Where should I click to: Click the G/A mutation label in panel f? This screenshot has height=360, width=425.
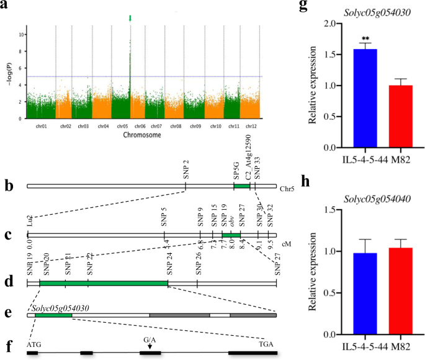(150, 340)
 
